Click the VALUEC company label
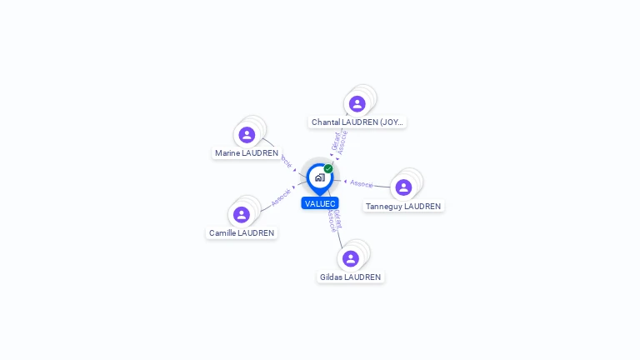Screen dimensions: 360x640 coord(320,203)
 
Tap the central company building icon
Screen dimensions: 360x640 coord(320,177)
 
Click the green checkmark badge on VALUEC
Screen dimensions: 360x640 coord(328,169)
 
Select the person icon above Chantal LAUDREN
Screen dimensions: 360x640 coord(357,104)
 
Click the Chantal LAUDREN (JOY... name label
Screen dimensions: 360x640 coord(357,122)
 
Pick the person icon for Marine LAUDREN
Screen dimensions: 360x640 coord(247,135)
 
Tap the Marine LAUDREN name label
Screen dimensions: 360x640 coord(247,153)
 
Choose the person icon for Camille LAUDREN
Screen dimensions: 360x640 coord(242,215)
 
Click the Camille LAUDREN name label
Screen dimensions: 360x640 coord(242,233)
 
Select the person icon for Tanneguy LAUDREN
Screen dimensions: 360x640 coord(403,187)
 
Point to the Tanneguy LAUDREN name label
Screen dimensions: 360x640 coord(403,207)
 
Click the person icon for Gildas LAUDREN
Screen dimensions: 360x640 coord(351,258)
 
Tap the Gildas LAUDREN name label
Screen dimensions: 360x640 coord(351,277)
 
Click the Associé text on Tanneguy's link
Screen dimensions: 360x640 coord(362,182)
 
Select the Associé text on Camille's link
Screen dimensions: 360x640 coord(281,197)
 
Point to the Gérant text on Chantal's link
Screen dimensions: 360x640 coord(336,141)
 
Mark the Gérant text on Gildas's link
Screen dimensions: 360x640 coord(337,218)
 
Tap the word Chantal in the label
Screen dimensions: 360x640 coord(326,122)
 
